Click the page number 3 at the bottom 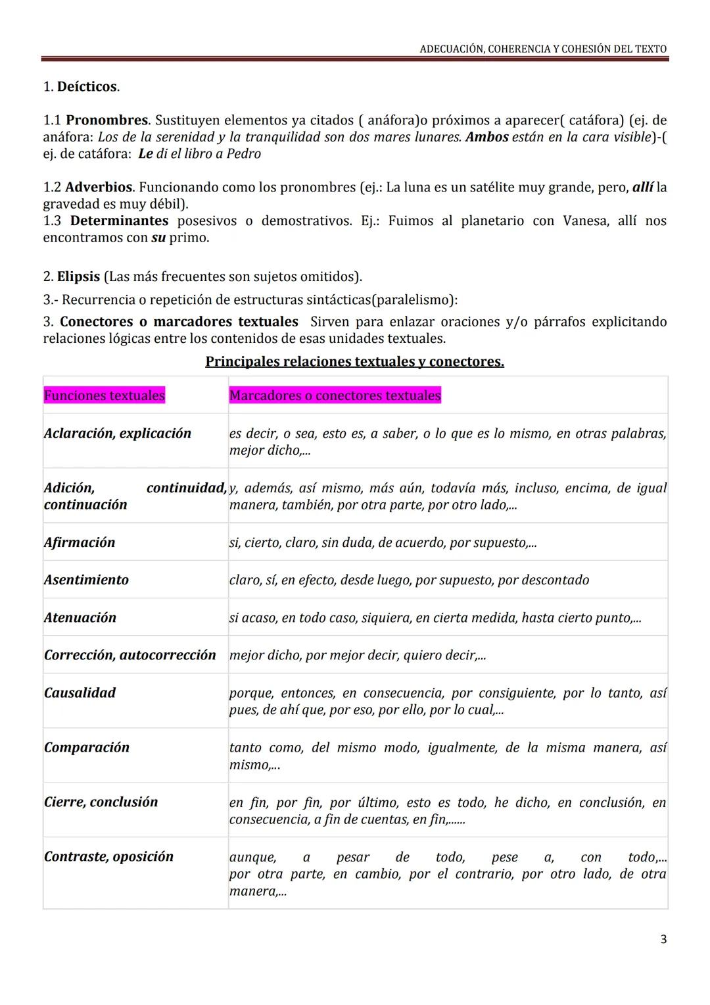[x=663, y=939]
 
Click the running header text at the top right [x=543, y=49]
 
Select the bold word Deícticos [x=87, y=87]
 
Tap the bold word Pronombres [x=106, y=120]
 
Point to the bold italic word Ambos [x=486, y=137]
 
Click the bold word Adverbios [x=99, y=188]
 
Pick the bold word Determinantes [x=119, y=221]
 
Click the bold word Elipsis [x=78, y=277]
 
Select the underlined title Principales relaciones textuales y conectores [x=354, y=362]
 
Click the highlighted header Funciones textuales [x=105, y=396]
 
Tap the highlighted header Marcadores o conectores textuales [x=335, y=396]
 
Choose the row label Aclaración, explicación [x=118, y=434]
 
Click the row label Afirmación [x=80, y=543]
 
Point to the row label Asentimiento [x=86, y=580]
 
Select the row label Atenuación [x=80, y=618]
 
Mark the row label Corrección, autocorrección [x=130, y=656]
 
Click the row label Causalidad [x=80, y=693]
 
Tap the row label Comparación [x=87, y=748]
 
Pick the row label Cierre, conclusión [x=101, y=802]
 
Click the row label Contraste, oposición [x=109, y=857]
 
